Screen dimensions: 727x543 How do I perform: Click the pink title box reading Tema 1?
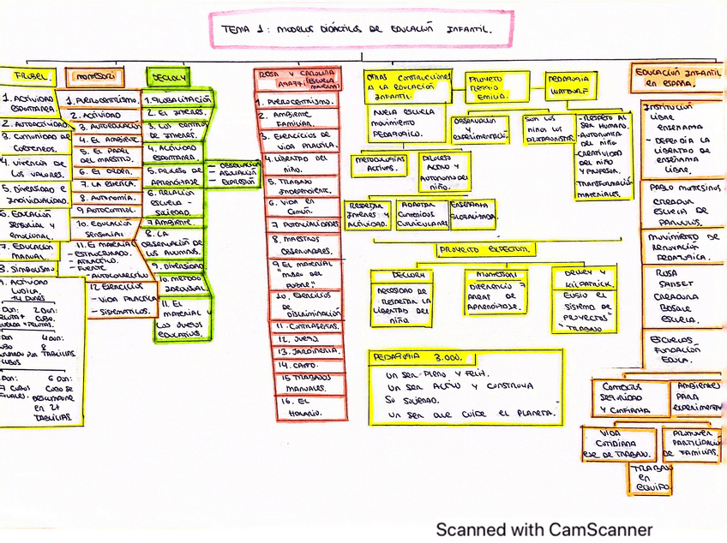coord(360,29)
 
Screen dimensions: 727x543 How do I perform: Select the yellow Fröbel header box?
coord(28,76)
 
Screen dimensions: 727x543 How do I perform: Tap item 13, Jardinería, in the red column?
coord(297,351)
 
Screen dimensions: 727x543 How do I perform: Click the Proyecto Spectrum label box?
coord(484,250)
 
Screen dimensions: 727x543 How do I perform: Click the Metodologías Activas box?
coord(381,163)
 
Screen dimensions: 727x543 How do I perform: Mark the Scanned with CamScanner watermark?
coord(544,529)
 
